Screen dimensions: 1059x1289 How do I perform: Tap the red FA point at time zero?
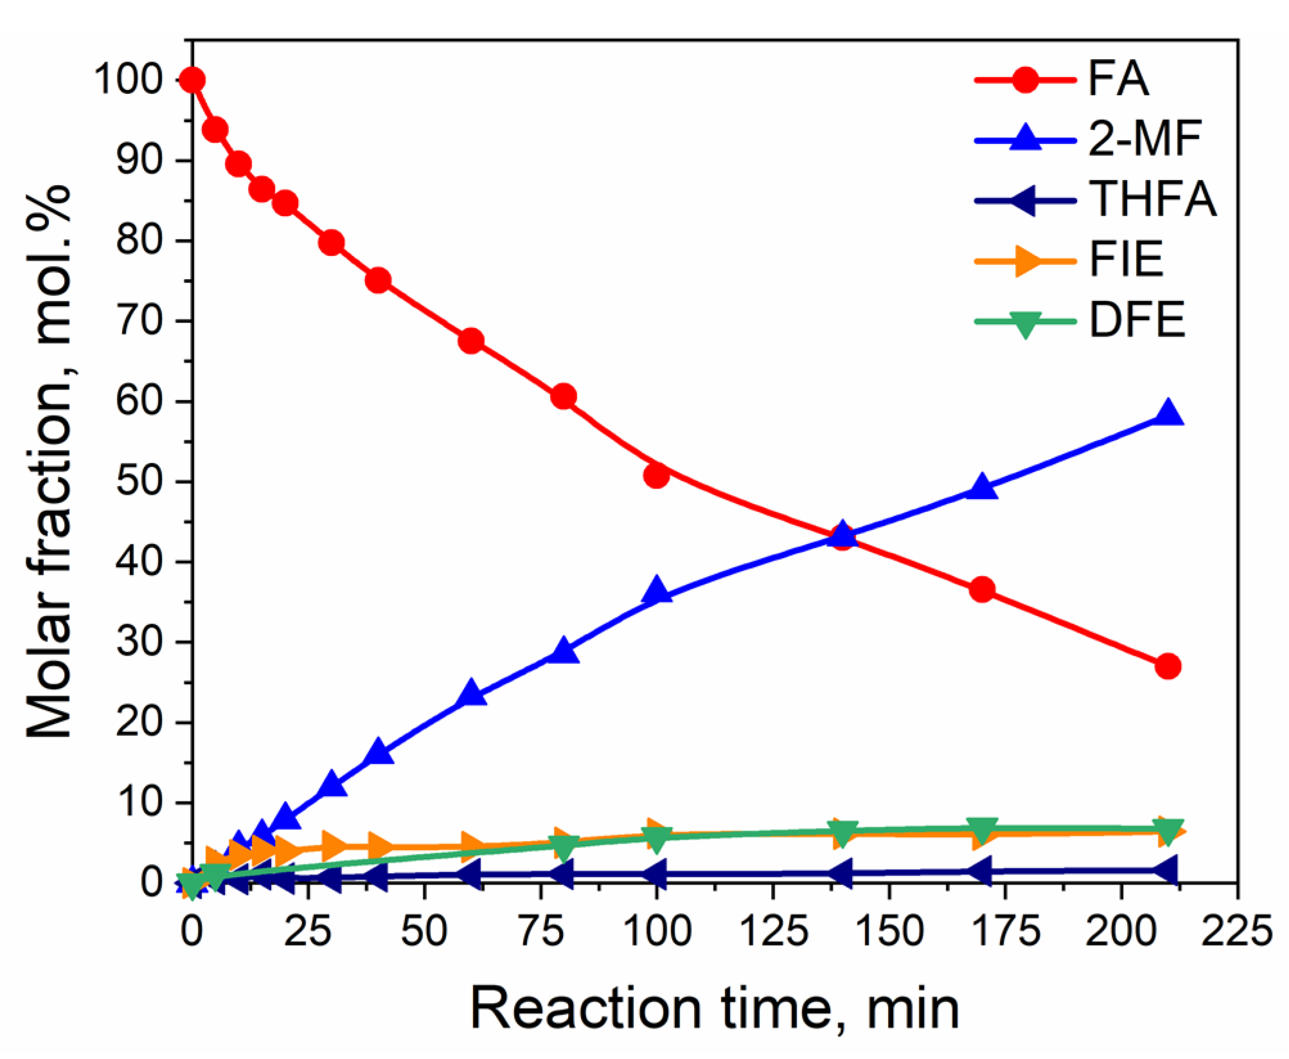[192, 80]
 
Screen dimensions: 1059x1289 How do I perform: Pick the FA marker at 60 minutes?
[471, 341]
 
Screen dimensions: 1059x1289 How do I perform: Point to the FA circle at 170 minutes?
[982, 590]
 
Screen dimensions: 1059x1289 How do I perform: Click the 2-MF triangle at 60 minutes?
[472, 693]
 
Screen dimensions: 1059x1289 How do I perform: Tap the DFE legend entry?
[1137, 320]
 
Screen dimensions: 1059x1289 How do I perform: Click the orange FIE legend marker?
[1027, 260]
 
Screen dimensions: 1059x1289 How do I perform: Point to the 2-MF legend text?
[1144, 140]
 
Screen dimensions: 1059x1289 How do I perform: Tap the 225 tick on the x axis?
[1237, 931]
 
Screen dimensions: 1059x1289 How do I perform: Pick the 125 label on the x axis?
[772, 931]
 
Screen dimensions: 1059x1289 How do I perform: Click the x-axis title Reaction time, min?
[715, 1008]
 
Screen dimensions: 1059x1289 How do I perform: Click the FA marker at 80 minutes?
[564, 397]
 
